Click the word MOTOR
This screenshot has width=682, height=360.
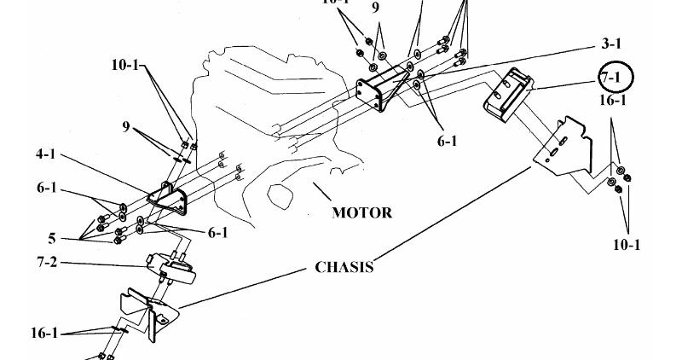[362, 212]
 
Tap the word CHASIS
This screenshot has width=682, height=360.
[344, 267]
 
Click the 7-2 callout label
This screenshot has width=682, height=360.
[48, 262]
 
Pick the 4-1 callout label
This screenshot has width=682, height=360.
[48, 154]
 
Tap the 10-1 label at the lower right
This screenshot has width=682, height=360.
[627, 245]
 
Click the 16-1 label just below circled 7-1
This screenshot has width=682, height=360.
[614, 101]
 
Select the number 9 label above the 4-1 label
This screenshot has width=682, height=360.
[126, 128]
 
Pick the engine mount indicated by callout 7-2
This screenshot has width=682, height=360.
[171, 269]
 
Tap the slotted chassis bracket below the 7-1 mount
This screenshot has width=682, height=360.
[564, 149]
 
